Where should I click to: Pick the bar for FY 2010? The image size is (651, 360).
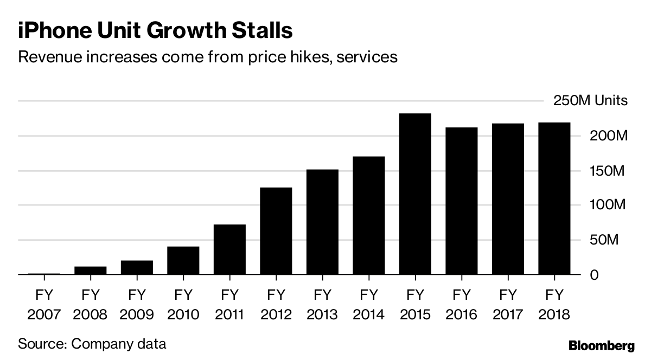click(183, 261)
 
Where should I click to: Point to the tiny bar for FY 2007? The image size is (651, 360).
click(44, 274)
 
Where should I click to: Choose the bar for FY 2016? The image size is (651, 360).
click(461, 201)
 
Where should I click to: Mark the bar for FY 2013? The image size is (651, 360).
click(322, 222)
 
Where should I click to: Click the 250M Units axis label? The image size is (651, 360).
click(590, 101)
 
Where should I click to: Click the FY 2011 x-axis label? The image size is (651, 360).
click(229, 305)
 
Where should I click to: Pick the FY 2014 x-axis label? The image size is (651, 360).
click(368, 305)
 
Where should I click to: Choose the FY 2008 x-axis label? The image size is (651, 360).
click(91, 305)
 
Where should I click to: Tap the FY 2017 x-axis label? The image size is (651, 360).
click(507, 305)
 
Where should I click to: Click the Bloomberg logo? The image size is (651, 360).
click(601, 345)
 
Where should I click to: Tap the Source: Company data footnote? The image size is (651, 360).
click(92, 344)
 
